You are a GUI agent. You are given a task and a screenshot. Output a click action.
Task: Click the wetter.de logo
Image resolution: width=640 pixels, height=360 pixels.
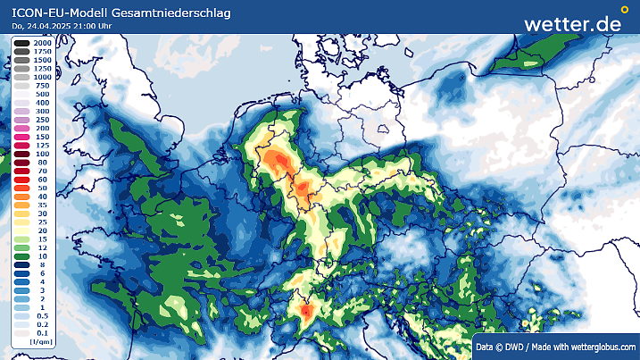pos(572,24)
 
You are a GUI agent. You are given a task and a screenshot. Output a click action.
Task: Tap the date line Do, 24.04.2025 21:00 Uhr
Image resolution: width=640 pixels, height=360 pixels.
pos(62,26)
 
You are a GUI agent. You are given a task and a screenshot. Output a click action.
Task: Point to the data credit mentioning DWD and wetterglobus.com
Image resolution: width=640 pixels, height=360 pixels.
pos(554,347)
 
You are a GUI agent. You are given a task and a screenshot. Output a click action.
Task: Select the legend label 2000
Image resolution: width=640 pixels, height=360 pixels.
pos(42,42)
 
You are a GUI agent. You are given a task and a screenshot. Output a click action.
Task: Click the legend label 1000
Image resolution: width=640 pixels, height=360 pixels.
pos(42,77)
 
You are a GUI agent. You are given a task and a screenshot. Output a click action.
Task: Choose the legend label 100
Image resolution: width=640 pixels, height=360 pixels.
pos(42,154)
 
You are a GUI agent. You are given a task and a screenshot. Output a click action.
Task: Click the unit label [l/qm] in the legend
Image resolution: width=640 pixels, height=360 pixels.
pos(39,342)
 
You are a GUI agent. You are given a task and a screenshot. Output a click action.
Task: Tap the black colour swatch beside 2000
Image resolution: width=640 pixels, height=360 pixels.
pos(21,42)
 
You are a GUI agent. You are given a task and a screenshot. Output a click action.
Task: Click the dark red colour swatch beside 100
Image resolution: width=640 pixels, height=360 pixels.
pos(21,154)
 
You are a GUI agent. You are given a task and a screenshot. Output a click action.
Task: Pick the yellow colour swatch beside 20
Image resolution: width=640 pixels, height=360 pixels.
pos(21,230)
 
